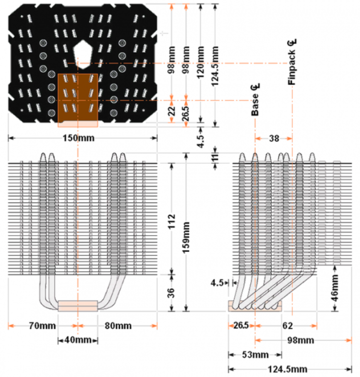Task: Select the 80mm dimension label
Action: [118, 326]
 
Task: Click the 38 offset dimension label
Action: [274, 138]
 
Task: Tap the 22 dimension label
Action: [171, 113]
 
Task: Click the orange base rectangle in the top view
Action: [78, 98]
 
